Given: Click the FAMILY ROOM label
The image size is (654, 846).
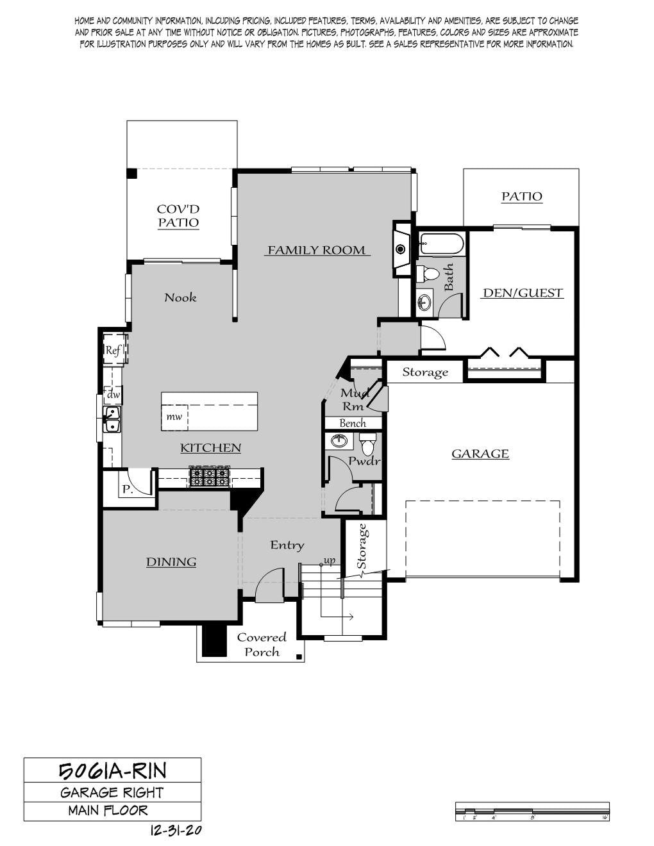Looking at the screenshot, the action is tap(317, 250).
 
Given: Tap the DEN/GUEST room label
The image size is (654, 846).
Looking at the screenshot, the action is tap(523, 293).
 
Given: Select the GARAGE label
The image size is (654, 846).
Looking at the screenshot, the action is tap(480, 454).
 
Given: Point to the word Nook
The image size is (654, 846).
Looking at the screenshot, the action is tap(180, 298).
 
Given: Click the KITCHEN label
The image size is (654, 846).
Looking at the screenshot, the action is tap(210, 448).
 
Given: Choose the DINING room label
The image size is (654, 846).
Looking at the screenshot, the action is tap(171, 562).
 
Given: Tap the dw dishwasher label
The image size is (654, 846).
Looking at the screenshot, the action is tap(113, 394).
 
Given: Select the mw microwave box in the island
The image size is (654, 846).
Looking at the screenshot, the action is tap(174, 417).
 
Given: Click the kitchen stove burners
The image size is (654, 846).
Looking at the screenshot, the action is tap(209, 476).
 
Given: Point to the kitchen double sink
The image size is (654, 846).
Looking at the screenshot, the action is tap(112, 419).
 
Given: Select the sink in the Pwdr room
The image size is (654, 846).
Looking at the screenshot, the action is tap(340, 441).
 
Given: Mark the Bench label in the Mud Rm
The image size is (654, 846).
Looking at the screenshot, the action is tap(353, 423).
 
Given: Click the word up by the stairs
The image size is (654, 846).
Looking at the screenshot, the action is tap(330, 561).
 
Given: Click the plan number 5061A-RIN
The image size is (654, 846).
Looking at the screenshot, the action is tap(113, 771).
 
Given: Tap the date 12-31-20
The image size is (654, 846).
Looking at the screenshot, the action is tap(176, 830).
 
